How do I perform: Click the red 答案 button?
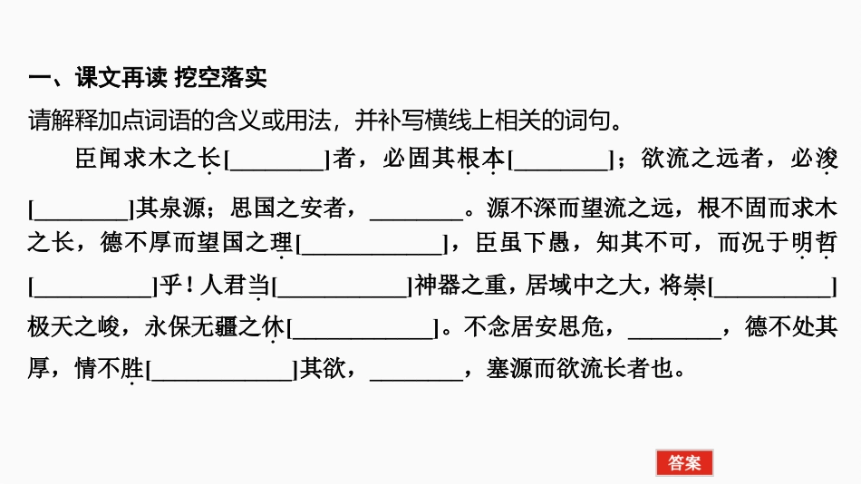684,463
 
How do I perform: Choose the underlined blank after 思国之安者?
417,209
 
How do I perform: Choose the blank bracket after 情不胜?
221,370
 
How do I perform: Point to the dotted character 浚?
825,160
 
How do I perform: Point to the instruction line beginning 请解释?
325,120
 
